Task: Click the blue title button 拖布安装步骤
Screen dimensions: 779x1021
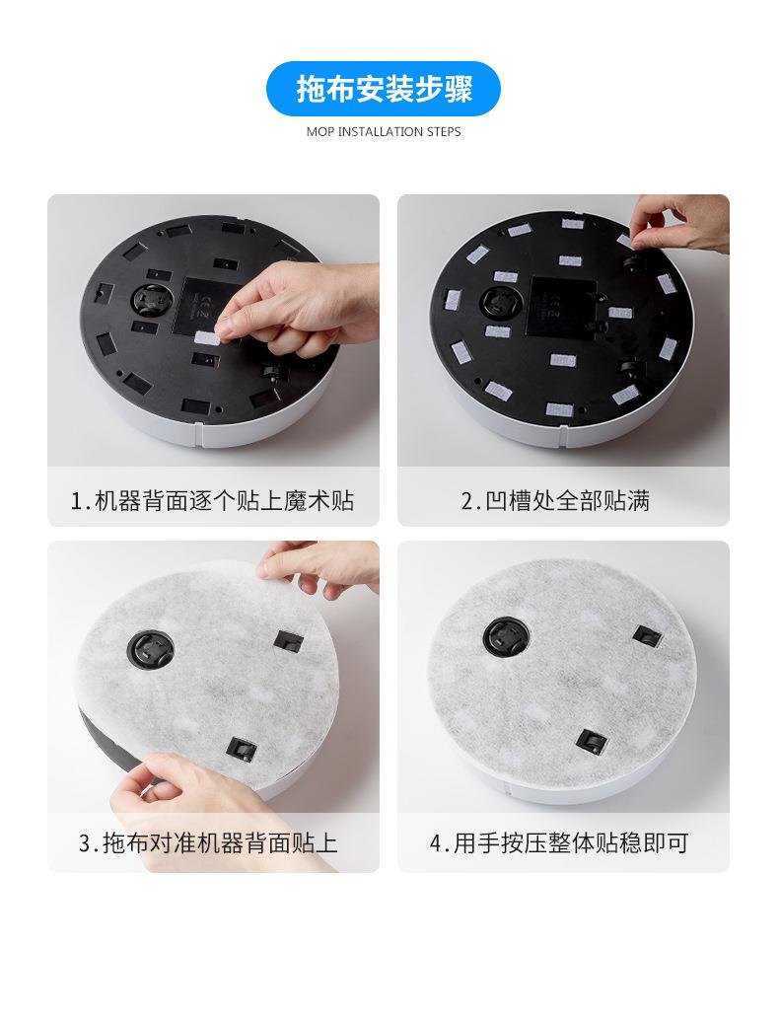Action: [384, 89]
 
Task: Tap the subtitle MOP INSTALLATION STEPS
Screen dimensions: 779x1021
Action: [384, 131]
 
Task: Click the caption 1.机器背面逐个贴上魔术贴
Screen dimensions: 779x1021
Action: [213, 501]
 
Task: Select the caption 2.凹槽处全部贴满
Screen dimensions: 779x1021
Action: [555, 501]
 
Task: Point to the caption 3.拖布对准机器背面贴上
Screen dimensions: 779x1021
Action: [208, 843]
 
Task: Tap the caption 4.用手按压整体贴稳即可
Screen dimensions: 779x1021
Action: [559, 843]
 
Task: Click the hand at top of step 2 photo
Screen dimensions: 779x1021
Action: [680, 224]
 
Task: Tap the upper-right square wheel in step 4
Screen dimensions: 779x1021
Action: [647, 635]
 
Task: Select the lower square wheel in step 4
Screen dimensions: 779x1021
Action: [592, 741]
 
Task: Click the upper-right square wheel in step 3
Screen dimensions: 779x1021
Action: [289, 641]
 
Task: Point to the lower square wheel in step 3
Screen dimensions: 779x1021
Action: [240, 748]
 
